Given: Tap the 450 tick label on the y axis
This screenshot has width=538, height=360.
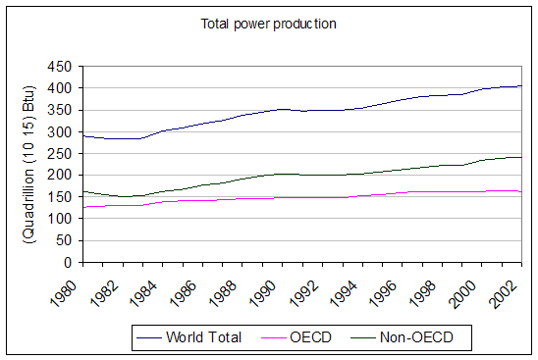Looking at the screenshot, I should click(x=62, y=67).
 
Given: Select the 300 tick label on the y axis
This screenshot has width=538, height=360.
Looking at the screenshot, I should click(x=62, y=131).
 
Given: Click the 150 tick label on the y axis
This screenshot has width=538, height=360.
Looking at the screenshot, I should click(x=62, y=197).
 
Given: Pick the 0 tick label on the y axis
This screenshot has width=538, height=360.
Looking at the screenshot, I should click(x=70, y=262).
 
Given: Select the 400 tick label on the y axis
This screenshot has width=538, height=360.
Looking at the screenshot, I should click(x=62, y=88).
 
